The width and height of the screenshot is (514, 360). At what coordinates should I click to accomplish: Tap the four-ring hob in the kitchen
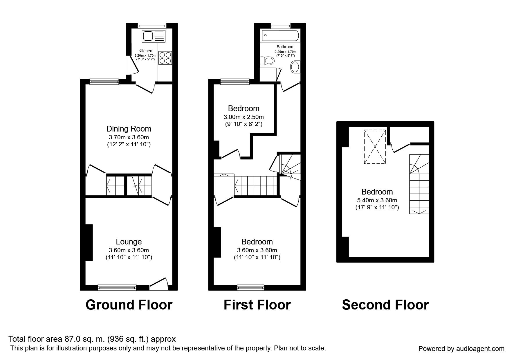point(165,57)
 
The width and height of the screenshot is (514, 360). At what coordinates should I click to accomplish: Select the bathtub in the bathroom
point(280,36)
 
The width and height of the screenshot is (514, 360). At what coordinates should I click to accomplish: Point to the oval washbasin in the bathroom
point(295,67)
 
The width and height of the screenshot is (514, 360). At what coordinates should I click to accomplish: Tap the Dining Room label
point(129,129)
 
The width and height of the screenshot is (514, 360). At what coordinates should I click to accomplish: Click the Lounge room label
point(129,242)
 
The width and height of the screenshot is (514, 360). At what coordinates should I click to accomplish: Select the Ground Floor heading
point(129,305)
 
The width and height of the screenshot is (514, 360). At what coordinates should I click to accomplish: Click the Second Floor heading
point(385,305)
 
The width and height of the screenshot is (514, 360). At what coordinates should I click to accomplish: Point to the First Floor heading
point(257,305)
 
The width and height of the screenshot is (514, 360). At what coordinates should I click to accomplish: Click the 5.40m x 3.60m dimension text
point(377,200)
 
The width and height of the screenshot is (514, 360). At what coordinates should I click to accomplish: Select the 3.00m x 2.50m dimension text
point(244,117)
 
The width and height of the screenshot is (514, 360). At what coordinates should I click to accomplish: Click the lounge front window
point(117,287)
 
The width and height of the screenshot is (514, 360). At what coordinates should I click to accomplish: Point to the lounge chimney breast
point(89,242)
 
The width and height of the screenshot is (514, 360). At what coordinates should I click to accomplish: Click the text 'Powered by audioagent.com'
point(461,349)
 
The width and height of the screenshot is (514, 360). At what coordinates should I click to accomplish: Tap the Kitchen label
point(145,51)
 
